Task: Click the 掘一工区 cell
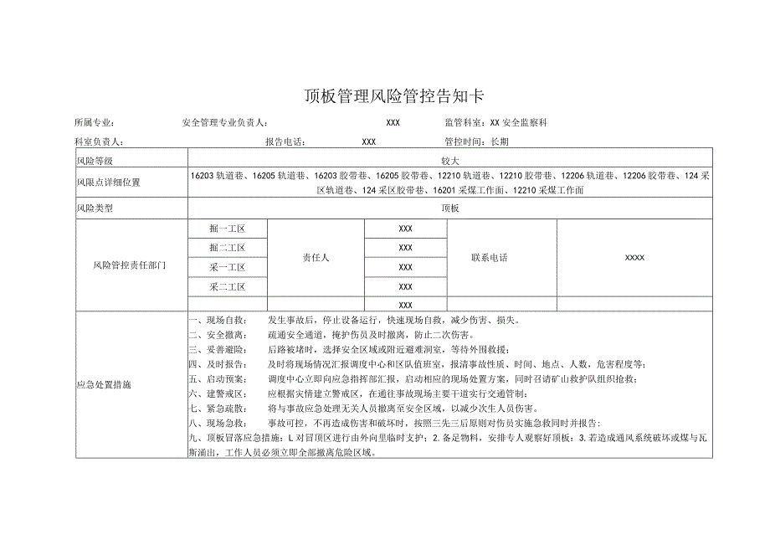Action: (x=227, y=229)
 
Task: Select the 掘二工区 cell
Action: (x=227, y=248)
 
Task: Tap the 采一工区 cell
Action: (x=227, y=267)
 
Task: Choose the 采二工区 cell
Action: (x=227, y=286)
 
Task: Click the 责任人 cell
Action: (x=316, y=258)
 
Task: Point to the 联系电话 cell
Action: (x=490, y=258)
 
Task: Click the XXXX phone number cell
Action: (x=634, y=258)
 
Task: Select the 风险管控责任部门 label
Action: (x=131, y=265)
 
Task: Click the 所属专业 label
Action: (x=100, y=123)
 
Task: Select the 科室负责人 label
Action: (x=100, y=141)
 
